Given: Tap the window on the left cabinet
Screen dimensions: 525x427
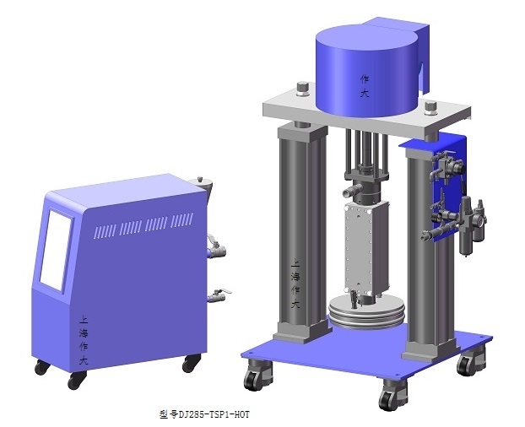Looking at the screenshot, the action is point(56,250).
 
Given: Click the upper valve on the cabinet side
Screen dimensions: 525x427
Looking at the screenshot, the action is point(216,247).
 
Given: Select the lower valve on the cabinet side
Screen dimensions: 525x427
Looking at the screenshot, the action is point(219,296).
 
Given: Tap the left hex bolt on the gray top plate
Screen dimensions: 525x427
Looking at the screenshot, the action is point(303,89).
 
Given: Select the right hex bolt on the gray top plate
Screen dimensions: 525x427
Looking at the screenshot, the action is point(430,108).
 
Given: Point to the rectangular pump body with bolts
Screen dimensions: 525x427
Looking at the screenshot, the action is point(367,249).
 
